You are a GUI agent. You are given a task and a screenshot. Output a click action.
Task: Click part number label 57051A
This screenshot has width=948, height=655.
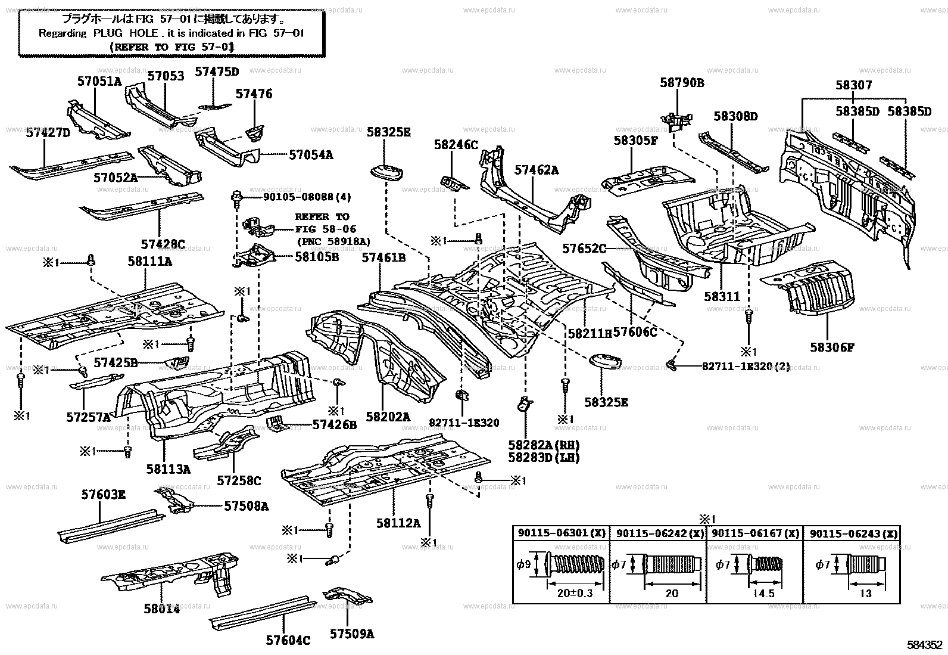pos(99,81)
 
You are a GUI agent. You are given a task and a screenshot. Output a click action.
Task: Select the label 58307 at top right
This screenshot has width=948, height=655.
pos(853,85)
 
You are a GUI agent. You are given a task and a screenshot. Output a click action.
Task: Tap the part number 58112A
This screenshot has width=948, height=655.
pos(398,523)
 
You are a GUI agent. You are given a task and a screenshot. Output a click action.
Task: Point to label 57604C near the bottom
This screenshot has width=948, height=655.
pos(288,640)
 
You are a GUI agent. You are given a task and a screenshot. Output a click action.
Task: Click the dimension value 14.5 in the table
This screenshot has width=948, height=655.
pos(763,594)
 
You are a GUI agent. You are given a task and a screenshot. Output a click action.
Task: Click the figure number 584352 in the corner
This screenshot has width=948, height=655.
pos(925,645)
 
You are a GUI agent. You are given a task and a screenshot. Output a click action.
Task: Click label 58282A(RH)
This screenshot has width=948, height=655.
pos(544,445)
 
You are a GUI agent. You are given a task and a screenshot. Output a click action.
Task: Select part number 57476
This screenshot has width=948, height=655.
pos(254,94)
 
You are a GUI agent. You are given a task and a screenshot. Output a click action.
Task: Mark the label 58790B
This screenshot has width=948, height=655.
pos(682,83)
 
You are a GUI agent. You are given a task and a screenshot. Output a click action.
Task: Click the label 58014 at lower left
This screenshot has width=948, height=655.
pos(161,609)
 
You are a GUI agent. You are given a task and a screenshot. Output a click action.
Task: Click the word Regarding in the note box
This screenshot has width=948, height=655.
pos(63,33)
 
